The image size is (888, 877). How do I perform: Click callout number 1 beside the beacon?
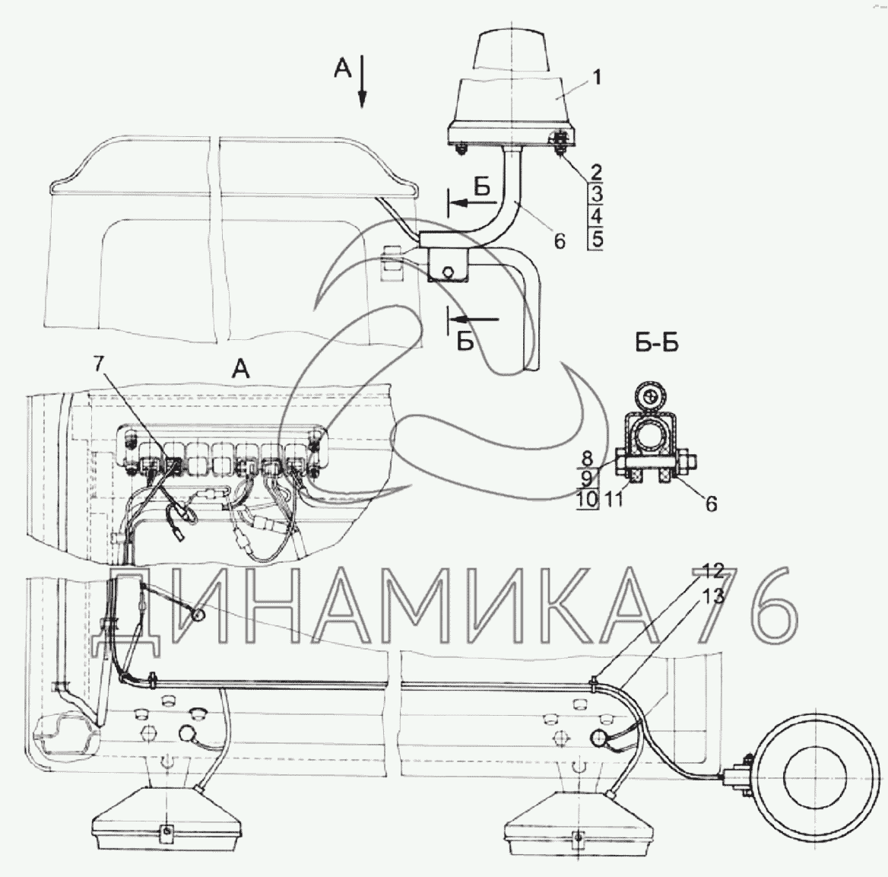point(597,77)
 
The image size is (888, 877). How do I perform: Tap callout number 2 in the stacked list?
point(596,172)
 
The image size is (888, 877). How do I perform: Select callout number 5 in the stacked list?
point(596,239)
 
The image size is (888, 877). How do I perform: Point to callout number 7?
point(99,364)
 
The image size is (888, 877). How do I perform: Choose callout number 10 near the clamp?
point(588,500)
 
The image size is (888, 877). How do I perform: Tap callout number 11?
point(614,500)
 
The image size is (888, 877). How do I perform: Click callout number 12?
point(714,571)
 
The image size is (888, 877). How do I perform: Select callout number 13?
point(714,596)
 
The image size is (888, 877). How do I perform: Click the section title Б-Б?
point(657,344)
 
